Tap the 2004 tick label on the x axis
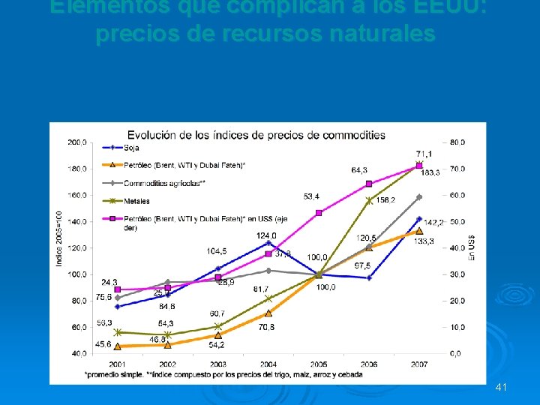(x=268, y=364)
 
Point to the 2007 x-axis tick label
(x=418, y=364)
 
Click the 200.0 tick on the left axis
(x=76, y=142)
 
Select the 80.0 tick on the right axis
(x=457, y=142)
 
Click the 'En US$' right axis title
(x=472, y=247)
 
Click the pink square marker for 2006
(x=368, y=184)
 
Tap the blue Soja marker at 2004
(x=268, y=243)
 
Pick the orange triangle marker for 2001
(x=117, y=346)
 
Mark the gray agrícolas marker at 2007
(x=419, y=197)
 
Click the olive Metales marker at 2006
(x=368, y=200)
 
